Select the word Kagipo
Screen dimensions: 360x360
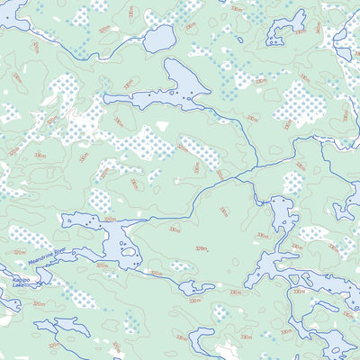[x=20, y=280]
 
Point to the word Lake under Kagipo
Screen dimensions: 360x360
[x=20, y=287]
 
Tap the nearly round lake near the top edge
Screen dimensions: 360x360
[x=159, y=38]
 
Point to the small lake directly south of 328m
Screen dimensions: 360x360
[x=196, y=288]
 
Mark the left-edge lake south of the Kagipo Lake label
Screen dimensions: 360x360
[x=7, y=306]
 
